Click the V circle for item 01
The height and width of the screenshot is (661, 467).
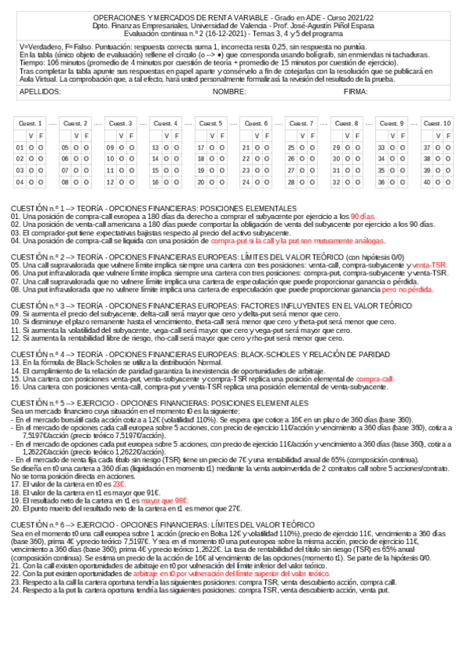[x=30, y=147]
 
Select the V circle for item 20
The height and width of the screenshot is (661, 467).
[x=211, y=182]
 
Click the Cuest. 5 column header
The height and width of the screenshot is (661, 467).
[x=210, y=123]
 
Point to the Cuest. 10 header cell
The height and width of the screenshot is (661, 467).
[x=437, y=123]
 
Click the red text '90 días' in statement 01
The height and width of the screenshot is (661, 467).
[x=363, y=215]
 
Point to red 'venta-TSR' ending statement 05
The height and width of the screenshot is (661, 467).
[x=430, y=265]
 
